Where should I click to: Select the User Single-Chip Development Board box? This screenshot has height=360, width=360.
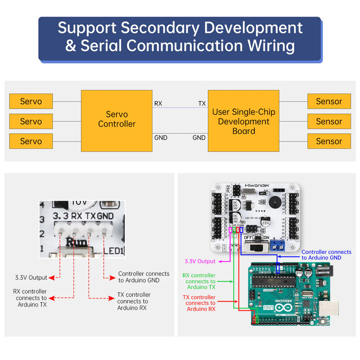tap(243, 121)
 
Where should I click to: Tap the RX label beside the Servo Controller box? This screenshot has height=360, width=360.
tap(158, 103)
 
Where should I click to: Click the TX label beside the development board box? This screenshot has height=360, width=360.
tap(202, 103)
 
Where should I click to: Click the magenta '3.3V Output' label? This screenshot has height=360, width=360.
tap(200, 261)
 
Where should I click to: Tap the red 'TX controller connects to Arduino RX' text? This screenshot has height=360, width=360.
tap(199, 303)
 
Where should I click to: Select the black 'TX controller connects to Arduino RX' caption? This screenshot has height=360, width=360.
tap(133, 301)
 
